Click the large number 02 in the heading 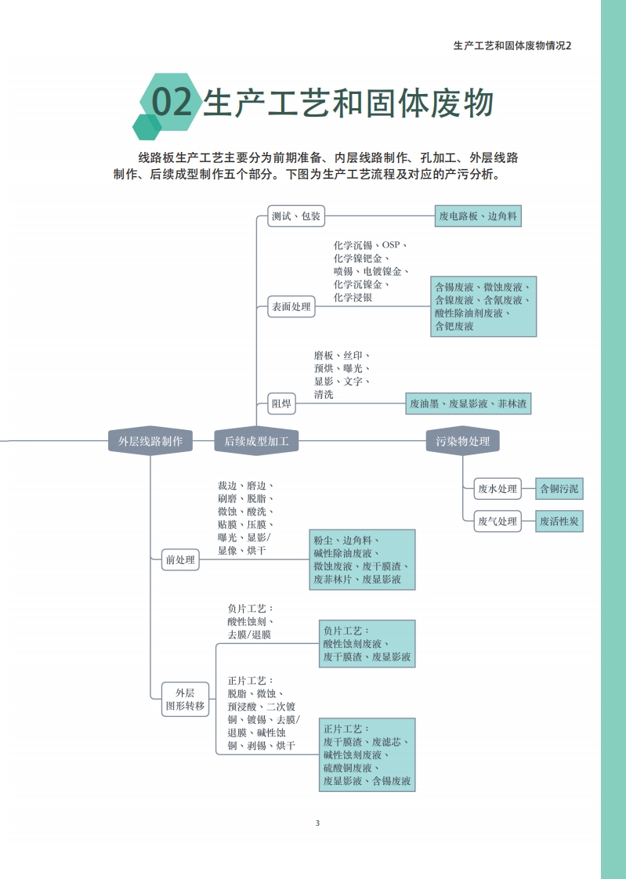click(x=172, y=103)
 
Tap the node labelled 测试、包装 click(x=296, y=216)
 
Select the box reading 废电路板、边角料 click(x=478, y=216)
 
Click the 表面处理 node click(x=291, y=307)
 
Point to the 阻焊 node click(x=281, y=404)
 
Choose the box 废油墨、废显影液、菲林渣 click(x=469, y=404)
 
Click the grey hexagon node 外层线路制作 click(x=150, y=441)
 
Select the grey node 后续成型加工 click(x=257, y=441)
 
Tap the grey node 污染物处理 click(x=463, y=441)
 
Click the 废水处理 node click(x=498, y=490)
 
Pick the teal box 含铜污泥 click(x=559, y=490)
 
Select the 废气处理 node click(x=498, y=521)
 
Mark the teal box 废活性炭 click(x=559, y=521)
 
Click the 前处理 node click(x=179, y=560)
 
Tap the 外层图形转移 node click(x=185, y=699)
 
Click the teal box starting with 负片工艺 click(x=367, y=644)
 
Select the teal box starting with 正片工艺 click(x=367, y=754)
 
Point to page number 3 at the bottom click(x=317, y=823)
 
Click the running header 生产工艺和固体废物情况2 click(x=512, y=45)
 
